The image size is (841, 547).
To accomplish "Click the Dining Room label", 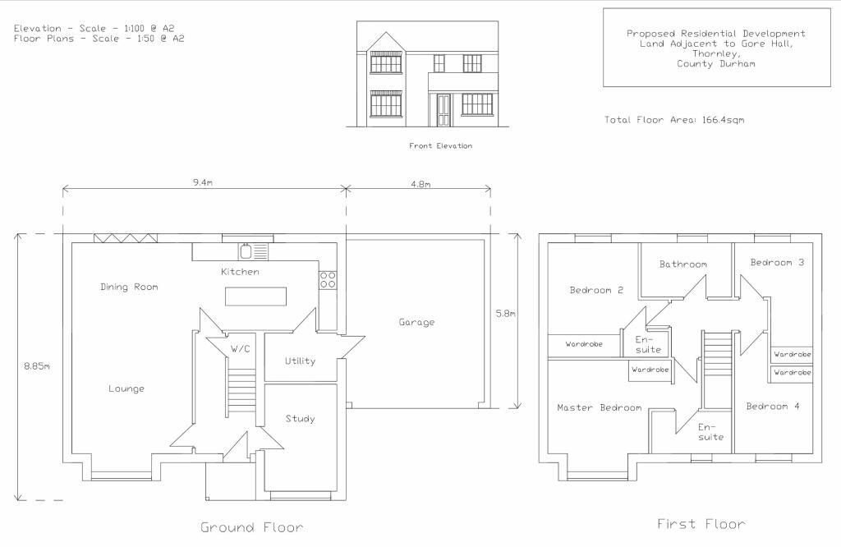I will tap(129, 287).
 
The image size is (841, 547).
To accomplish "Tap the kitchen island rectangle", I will tap(256, 296).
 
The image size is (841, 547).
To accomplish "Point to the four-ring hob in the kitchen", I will tap(328, 279).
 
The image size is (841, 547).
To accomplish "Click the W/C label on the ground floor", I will tap(240, 349).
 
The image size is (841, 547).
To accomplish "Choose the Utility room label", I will tap(300, 361).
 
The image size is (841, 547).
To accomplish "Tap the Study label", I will tap(300, 419).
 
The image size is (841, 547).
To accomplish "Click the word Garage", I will tap(416, 323).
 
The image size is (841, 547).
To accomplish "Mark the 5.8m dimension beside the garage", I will tap(505, 313).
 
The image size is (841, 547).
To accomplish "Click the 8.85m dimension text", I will tap(37, 366).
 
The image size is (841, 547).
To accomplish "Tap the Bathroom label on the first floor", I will tap(682, 264).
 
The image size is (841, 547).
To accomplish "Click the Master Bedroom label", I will tap(599, 407).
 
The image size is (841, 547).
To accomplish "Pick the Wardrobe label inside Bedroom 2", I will tap(584, 344).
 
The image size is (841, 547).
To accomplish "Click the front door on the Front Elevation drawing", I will tap(443, 110).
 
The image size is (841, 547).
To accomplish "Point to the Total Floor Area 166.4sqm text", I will tap(674, 120).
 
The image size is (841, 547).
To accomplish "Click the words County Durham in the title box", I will tap(715, 63).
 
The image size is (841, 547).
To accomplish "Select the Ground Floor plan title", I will tap(251, 527).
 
